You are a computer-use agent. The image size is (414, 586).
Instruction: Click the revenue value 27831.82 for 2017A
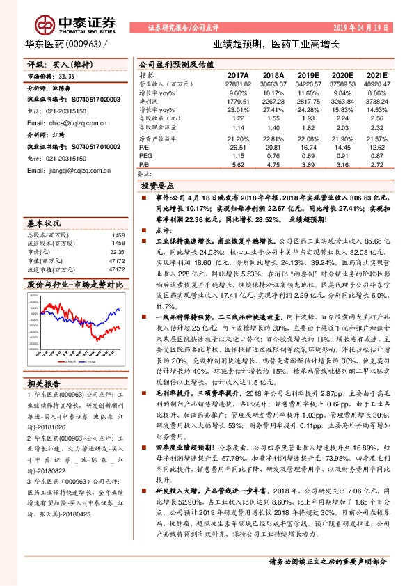click(237, 83)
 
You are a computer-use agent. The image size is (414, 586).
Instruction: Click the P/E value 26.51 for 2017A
click(238, 147)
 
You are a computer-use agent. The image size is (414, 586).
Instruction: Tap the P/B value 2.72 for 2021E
click(376, 165)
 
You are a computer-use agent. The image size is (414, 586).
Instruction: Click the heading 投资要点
click(157, 187)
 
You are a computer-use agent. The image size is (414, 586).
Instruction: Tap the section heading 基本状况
click(44, 223)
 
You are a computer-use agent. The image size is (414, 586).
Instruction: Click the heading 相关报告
click(44, 383)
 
